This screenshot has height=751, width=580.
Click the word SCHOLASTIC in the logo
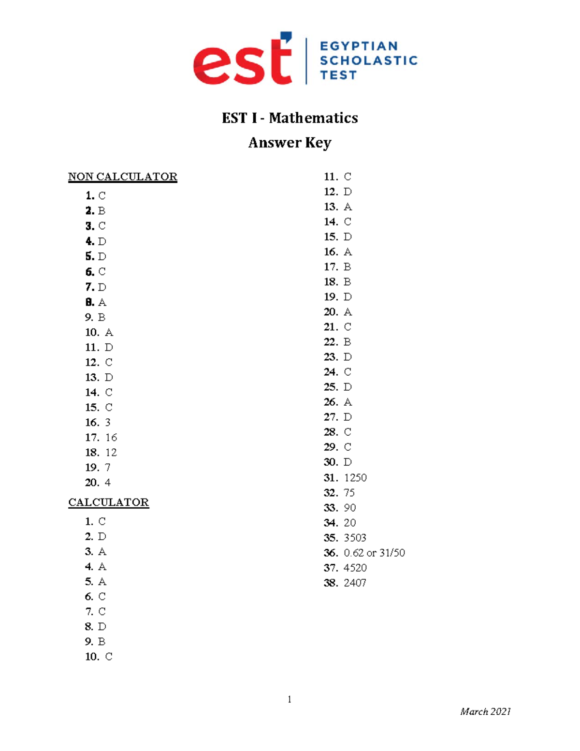pyautogui.click(x=368, y=60)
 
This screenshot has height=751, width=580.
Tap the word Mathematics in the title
pyautogui.click(x=313, y=118)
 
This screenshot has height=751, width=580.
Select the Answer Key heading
pyautogui.click(x=290, y=143)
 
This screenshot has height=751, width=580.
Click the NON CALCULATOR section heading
pyautogui.click(x=122, y=177)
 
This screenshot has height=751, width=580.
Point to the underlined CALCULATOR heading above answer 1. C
pyautogui.click(x=108, y=502)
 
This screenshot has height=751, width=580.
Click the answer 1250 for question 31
pyautogui.click(x=355, y=478)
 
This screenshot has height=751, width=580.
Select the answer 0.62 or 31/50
pyautogui.click(x=374, y=553)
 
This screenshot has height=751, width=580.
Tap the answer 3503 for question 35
pyautogui.click(x=355, y=538)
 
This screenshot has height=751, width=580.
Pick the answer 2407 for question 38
pyautogui.click(x=355, y=583)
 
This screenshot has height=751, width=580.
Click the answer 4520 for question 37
pyautogui.click(x=355, y=568)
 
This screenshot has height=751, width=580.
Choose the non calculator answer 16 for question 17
pyautogui.click(x=111, y=438)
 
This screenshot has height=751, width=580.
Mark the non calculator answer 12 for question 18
pyautogui.click(x=111, y=453)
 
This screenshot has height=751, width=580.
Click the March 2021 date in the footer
pyautogui.click(x=485, y=711)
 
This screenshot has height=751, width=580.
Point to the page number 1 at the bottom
pyautogui.click(x=289, y=699)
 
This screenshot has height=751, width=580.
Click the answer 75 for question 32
pyautogui.click(x=349, y=493)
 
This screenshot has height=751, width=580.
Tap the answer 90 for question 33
pyautogui.click(x=349, y=508)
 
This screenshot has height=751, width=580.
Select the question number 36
pyautogui.click(x=331, y=553)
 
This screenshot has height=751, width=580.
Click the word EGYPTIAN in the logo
pyautogui.click(x=359, y=46)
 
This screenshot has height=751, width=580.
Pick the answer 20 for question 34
pyautogui.click(x=349, y=523)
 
